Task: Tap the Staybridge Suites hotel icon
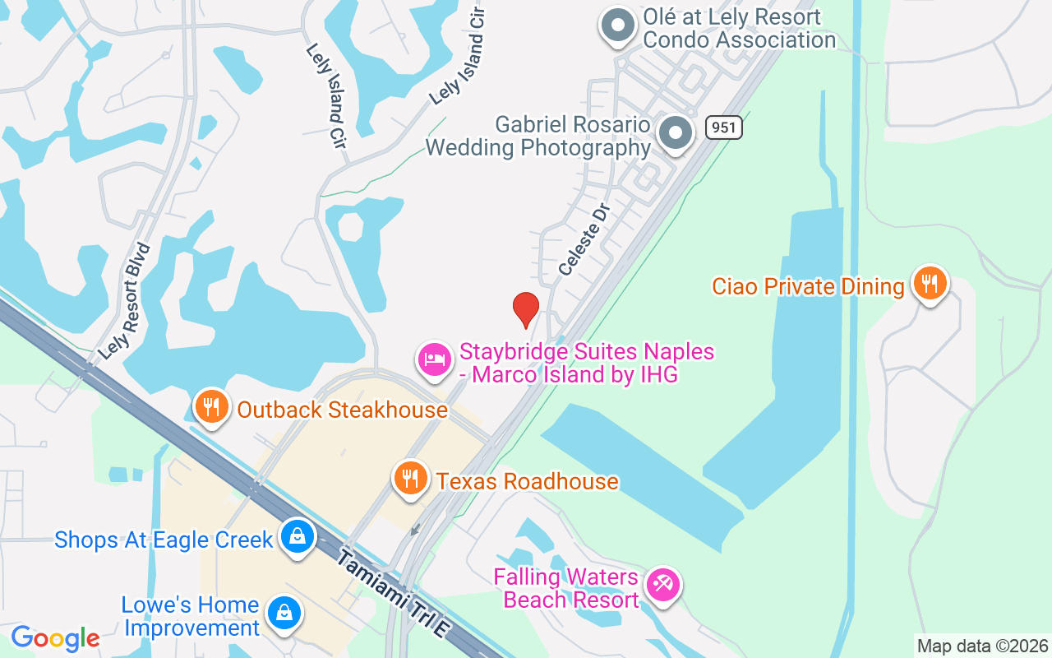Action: coord(435,359)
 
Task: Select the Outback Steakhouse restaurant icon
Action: coord(212,406)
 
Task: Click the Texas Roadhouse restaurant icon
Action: coord(409,478)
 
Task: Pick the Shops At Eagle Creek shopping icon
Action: coord(297,536)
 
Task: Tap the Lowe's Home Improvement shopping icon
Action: coord(284,614)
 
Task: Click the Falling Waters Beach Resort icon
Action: coord(662,585)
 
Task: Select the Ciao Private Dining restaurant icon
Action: coord(930,283)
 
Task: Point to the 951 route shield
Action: coord(723,127)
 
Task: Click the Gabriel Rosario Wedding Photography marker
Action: coord(676,132)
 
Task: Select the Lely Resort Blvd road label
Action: coord(125,302)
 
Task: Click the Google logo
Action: coord(55,638)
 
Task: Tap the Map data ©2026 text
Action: coord(982,646)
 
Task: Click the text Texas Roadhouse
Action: coord(527,481)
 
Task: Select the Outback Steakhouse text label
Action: coord(342,410)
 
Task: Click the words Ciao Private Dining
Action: coord(808,286)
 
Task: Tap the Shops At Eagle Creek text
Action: coord(163,540)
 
